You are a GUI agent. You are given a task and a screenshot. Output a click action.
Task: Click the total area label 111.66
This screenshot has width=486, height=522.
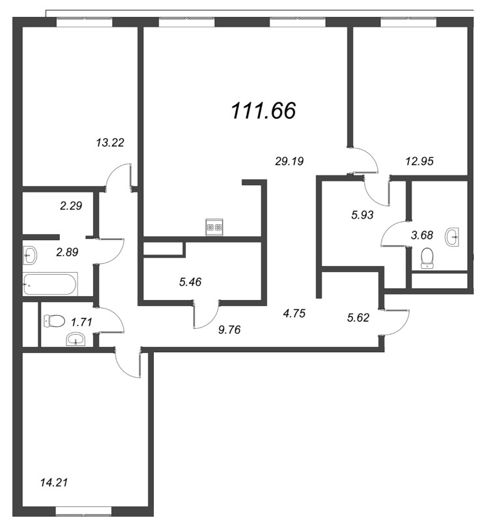(263, 110)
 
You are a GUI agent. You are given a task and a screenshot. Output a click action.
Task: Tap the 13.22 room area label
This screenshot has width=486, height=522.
(110, 142)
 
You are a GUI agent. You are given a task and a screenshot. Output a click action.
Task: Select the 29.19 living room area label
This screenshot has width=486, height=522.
(289, 161)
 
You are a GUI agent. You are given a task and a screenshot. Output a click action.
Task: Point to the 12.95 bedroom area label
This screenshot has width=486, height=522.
(420, 161)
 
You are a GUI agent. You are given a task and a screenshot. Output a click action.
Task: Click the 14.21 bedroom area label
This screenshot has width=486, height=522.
(54, 482)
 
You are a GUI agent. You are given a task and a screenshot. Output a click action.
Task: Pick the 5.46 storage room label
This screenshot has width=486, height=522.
(190, 282)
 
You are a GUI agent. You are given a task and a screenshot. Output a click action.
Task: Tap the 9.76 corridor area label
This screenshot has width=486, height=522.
(229, 330)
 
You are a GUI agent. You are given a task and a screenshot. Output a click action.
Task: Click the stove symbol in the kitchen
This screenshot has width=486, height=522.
(214, 227)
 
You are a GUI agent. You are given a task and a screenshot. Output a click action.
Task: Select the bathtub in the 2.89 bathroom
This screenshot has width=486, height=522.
(50, 284)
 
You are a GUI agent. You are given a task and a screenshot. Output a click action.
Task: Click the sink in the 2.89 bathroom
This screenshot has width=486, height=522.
(30, 255)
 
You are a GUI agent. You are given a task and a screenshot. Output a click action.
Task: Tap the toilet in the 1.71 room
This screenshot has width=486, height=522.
(54, 321)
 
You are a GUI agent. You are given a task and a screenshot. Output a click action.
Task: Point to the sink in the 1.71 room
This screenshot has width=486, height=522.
(76, 339)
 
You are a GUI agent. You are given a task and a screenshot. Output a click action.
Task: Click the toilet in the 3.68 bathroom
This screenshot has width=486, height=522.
(427, 258)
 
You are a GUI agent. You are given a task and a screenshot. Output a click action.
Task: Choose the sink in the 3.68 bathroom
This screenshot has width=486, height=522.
(451, 237)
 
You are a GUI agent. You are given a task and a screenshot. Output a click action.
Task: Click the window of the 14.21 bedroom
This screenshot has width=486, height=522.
(83, 511)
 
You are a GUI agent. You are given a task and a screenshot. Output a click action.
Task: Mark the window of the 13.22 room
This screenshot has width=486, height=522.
(84, 22)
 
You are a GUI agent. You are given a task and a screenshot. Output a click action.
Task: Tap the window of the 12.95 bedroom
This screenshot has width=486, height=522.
(408, 22)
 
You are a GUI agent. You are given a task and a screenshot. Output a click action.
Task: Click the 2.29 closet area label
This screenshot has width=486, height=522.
(71, 206)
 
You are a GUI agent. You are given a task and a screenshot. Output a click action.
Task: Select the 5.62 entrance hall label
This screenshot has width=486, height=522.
(358, 318)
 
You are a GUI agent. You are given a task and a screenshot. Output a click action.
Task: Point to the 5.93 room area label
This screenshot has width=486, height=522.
(362, 215)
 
